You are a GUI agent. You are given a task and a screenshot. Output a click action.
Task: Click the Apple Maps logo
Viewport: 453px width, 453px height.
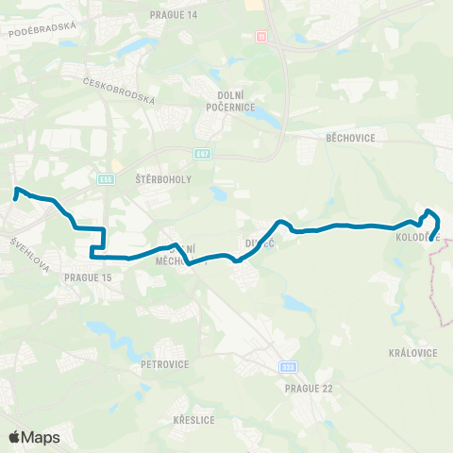coord(34,437)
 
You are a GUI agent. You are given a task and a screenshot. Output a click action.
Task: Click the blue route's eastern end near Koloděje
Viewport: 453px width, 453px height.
coord(432,240)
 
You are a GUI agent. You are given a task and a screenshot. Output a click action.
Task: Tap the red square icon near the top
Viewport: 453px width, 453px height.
coord(260,36)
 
